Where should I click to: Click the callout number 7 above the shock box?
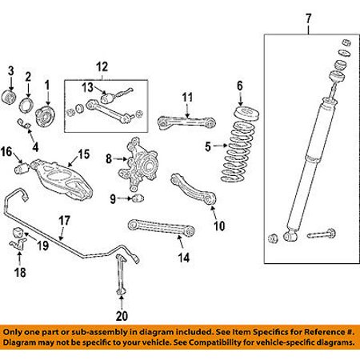pos(308,19)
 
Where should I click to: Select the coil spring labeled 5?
pos(238,152)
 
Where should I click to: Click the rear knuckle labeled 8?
pos(138,164)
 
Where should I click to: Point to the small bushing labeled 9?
pos(138,198)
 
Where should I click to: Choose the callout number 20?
pos(122,316)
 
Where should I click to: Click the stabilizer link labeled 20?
pos(121,274)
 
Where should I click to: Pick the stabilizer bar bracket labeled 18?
pos(18,245)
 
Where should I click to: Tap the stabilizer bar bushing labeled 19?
pos(18,232)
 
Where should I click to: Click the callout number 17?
pos(64,221)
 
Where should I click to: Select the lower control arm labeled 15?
pos(62,179)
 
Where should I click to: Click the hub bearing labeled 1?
pos(45,117)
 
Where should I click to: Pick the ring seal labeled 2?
pos(26,106)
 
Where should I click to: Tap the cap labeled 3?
pos(9,97)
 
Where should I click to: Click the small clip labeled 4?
pos(24,123)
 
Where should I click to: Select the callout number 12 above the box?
pos(102,66)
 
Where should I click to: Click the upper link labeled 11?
pos(186,122)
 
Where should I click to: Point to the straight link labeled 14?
pos(162,228)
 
